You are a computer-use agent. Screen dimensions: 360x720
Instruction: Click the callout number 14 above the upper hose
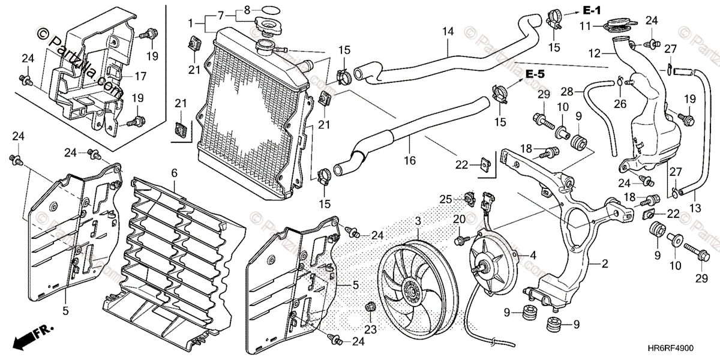coord(448,31)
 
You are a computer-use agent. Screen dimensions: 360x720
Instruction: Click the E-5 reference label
coord(535,74)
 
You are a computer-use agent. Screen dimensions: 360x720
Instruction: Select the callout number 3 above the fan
coord(418,222)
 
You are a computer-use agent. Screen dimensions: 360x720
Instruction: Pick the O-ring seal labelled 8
coord(271,10)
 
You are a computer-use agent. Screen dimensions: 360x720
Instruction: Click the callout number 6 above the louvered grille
coord(175,173)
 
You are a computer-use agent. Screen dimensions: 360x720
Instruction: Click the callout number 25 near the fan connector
coord(445,199)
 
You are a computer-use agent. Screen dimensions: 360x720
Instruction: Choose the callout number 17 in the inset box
coord(140,76)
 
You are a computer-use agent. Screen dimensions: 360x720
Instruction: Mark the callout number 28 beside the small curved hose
coord(568,91)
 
